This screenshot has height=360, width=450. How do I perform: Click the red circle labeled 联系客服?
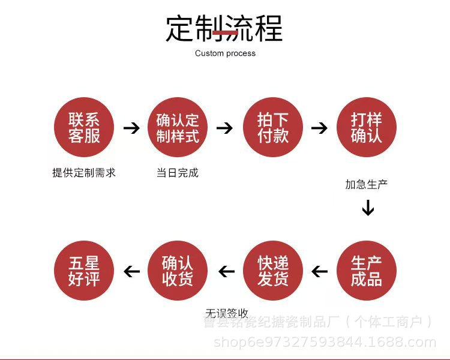click(83, 128)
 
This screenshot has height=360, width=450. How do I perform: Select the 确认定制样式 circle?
click(178, 128)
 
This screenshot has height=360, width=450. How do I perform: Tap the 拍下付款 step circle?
click(272, 128)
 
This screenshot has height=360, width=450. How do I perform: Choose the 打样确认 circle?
click(367, 128)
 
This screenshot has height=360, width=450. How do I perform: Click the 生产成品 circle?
click(367, 271)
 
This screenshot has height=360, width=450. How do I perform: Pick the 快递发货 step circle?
click(272, 271)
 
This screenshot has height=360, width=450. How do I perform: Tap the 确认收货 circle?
click(178, 271)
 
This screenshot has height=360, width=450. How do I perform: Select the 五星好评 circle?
click(83, 271)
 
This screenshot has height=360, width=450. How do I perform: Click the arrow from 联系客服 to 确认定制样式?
click(131, 128)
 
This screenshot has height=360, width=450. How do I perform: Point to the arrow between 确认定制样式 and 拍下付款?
click(224, 128)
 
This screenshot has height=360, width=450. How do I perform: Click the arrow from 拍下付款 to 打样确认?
click(320, 128)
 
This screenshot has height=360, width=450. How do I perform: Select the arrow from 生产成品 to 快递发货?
click(320, 272)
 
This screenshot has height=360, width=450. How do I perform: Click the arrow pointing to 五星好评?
click(131, 272)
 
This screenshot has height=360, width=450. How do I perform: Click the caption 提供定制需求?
click(83, 173)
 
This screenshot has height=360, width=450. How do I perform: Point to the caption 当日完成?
click(178, 173)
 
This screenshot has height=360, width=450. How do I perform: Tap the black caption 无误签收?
click(227, 313)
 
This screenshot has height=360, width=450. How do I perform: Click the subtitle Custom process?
click(225, 53)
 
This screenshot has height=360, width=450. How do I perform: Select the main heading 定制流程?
click(224, 28)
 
